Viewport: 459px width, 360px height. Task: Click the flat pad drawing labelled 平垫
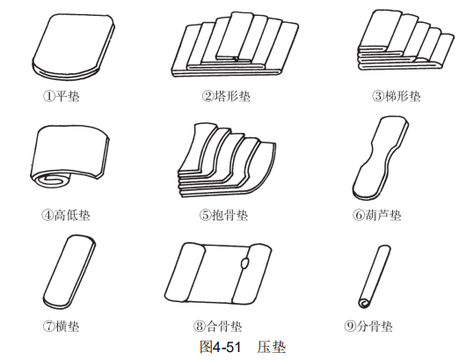[73, 47]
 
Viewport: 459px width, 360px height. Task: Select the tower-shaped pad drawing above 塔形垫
[235, 45]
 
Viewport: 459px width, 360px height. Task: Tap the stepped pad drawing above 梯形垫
[406, 40]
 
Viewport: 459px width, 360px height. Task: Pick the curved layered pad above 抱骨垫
[227, 161]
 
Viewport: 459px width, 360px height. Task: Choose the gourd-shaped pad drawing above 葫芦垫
[381, 158]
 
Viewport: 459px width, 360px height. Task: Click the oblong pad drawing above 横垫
[69, 272]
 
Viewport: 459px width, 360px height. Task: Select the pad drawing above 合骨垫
[218, 273]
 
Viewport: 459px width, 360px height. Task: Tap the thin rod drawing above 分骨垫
[374, 276]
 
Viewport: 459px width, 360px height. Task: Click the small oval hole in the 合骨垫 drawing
[244, 263]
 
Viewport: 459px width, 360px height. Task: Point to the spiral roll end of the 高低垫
[51, 179]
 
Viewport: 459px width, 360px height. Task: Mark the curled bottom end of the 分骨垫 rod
[364, 303]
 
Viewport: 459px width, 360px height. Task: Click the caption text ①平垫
[62, 96]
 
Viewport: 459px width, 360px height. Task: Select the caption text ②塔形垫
[226, 96]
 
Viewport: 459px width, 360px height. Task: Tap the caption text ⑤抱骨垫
[223, 215]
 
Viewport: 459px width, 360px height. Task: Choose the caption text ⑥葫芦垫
[376, 215]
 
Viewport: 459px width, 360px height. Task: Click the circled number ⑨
[350, 326]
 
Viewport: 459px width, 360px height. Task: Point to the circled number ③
[378, 96]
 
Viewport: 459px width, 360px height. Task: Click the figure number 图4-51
[220, 347]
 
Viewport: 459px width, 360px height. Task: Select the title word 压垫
[272, 347]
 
